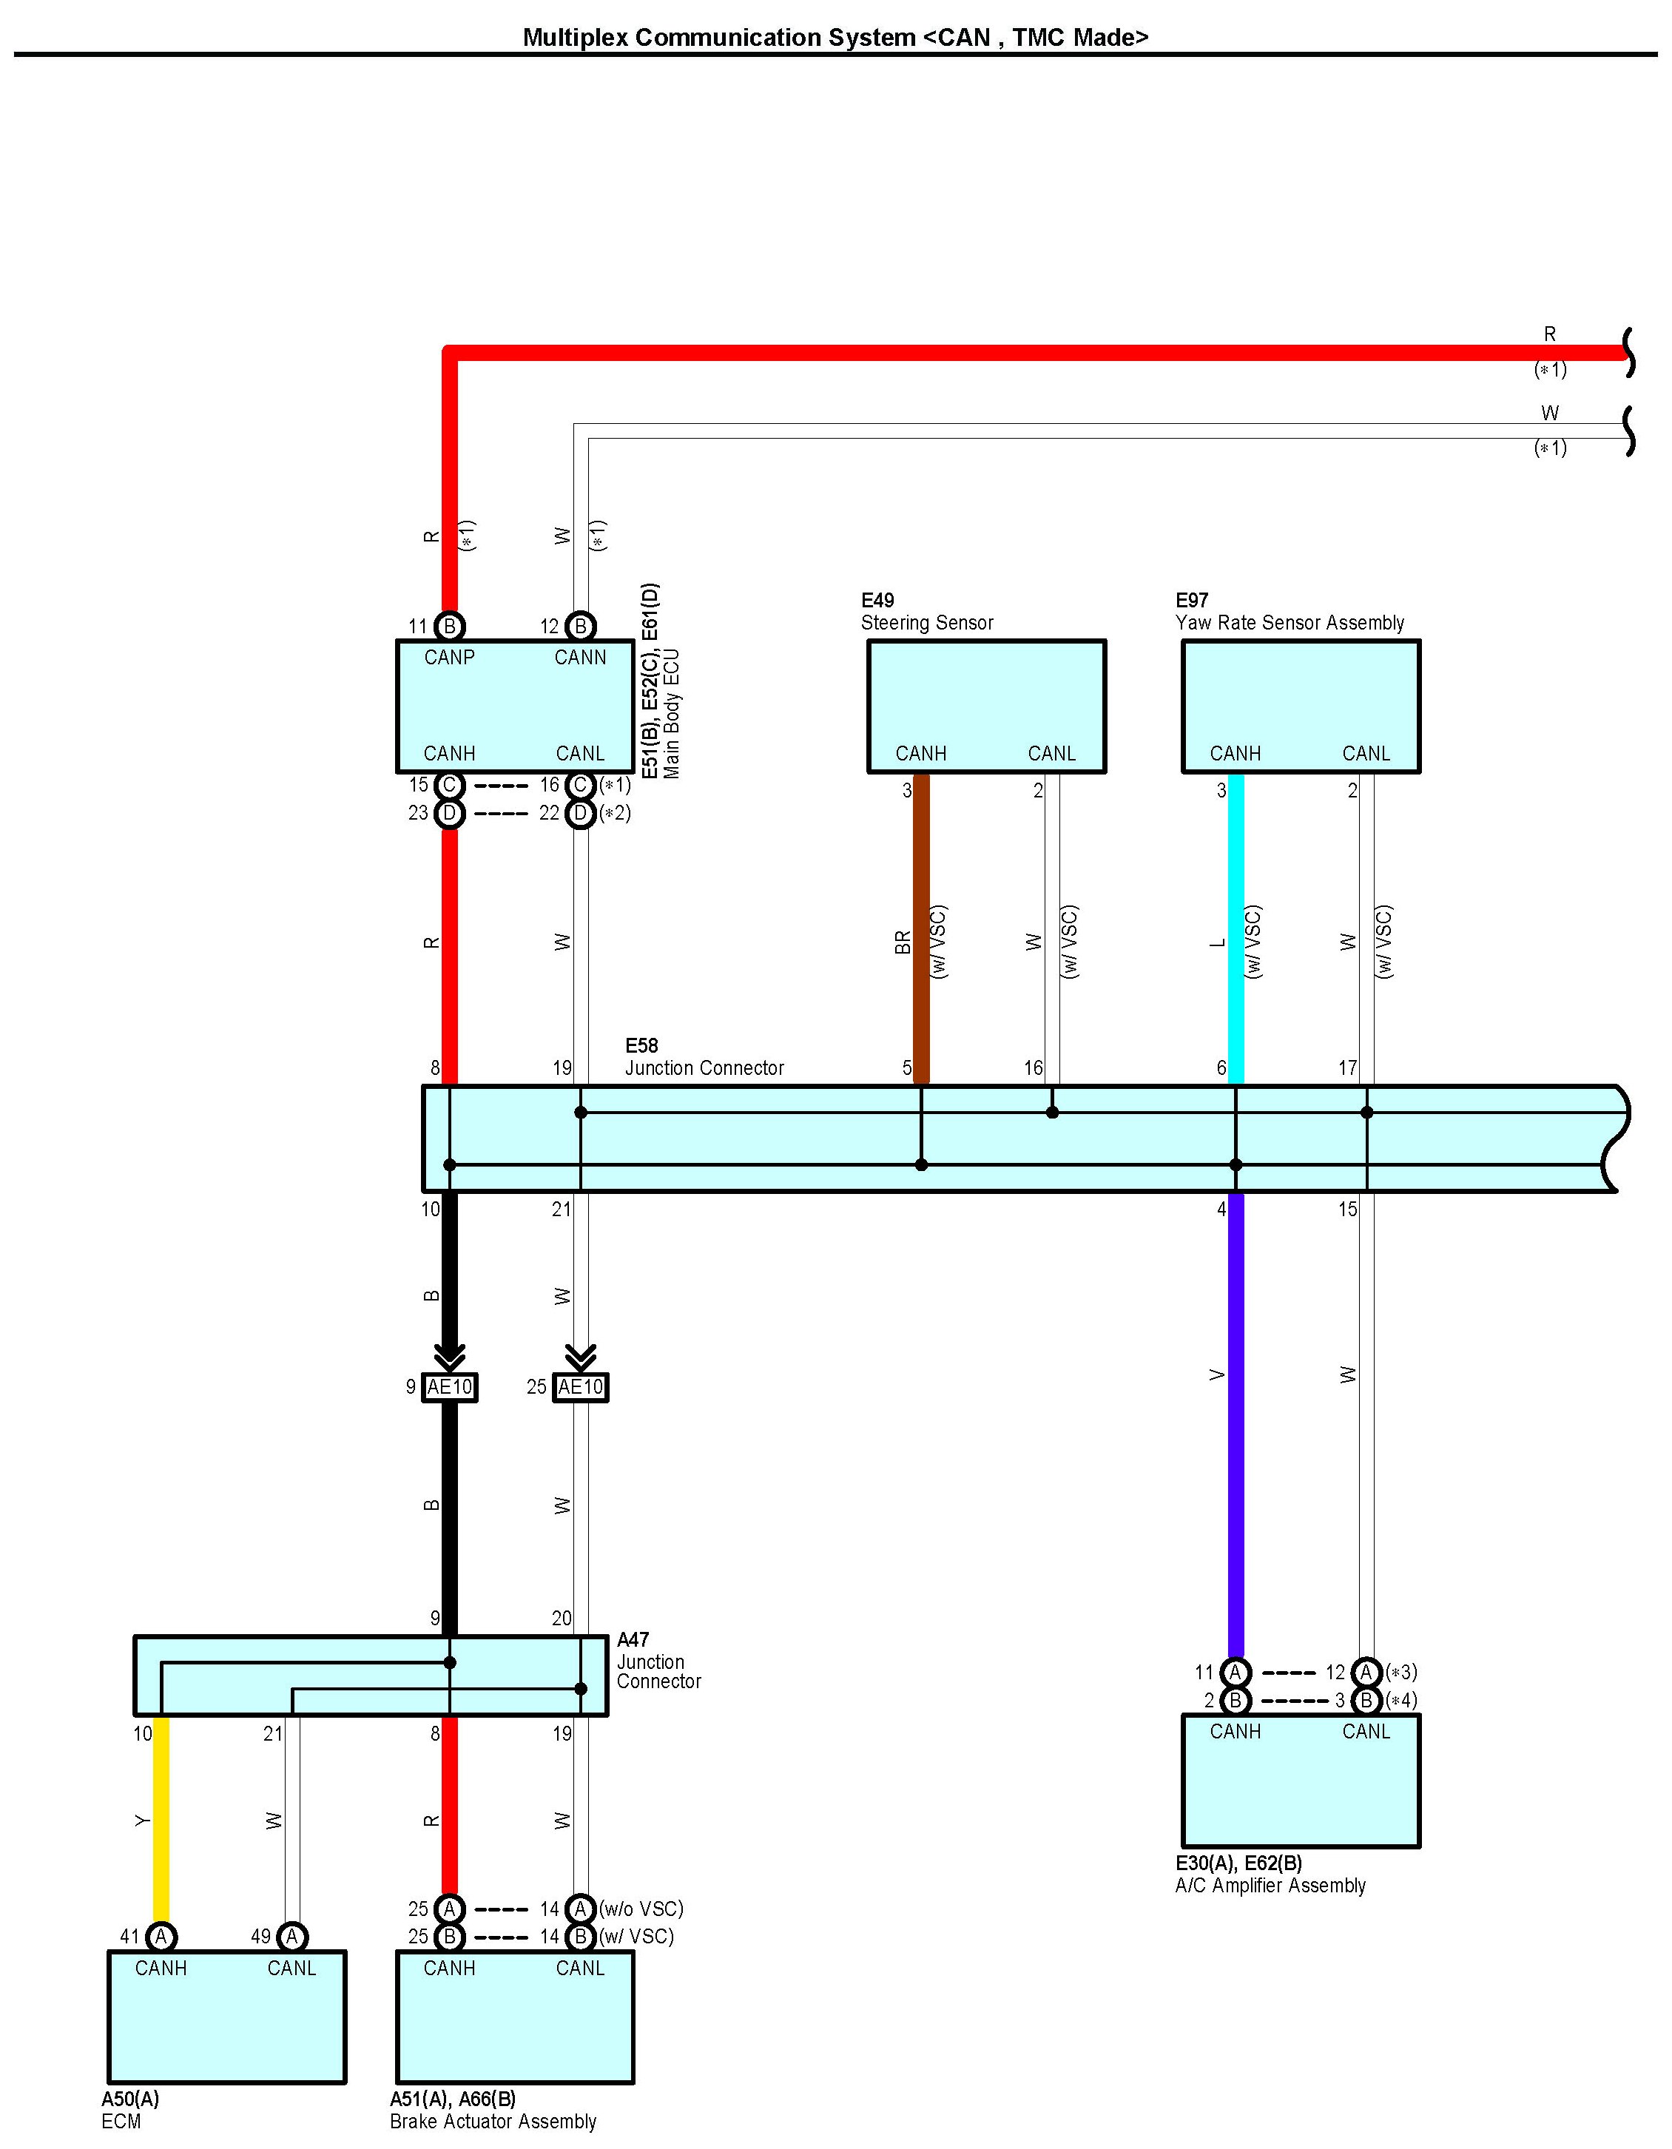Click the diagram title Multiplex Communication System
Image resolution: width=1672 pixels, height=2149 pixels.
click(x=835, y=38)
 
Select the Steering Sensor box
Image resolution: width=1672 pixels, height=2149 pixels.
click(x=986, y=706)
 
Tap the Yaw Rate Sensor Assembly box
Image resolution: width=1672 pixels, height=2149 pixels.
click(x=1300, y=706)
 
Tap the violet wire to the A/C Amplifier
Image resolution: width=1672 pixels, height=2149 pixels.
click(x=1236, y=1427)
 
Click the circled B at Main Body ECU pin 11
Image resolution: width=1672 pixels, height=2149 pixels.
click(x=450, y=626)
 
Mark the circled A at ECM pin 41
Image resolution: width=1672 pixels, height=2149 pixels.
click(x=161, y=1937)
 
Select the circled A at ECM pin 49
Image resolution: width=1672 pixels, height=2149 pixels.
click(x=292, y=1937)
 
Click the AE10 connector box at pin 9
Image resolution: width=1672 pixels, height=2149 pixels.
click(x=450, y=1386)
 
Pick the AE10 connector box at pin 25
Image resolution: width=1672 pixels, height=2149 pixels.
click(x=581, y=1386)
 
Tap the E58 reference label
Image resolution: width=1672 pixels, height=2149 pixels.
click(x=641, y=1045)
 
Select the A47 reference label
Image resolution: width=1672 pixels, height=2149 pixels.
click(x=633, y=1639)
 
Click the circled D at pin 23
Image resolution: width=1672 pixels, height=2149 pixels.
click(x=450, y=813)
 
